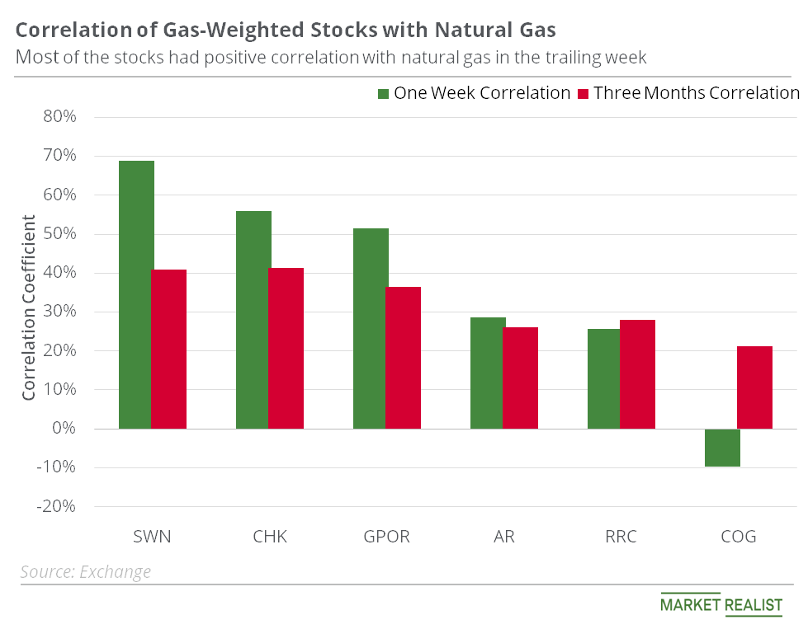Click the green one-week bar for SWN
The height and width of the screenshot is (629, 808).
point(136,294)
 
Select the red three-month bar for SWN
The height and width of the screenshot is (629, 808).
point(168,349)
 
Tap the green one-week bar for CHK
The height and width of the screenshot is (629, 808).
point(253,320)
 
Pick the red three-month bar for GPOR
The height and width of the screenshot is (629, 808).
point(404,358)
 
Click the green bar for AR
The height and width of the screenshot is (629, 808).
point(488,373)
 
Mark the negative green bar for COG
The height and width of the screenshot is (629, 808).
point(723,448)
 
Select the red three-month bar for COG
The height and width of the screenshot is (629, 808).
point(754,387)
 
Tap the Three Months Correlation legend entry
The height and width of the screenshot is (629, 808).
point(688,93)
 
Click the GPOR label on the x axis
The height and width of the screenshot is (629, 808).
point(387,537)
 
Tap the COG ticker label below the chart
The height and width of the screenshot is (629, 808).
point(738,537)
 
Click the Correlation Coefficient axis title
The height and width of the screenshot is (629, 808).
point(29,307)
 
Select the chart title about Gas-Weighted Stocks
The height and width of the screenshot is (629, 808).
point(286,31)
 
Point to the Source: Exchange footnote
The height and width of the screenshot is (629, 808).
point(86,571)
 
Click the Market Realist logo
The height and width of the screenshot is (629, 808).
point(721,604)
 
